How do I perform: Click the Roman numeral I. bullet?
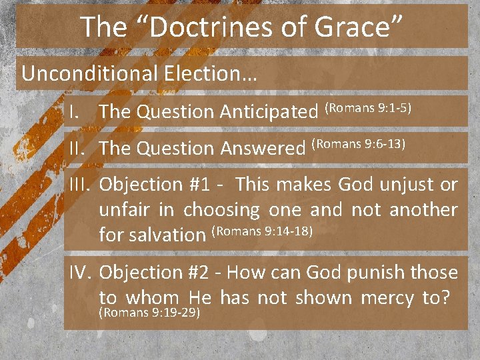point(75,113)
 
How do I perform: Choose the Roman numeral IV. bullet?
point(81,273)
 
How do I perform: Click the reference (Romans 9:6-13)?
point(359,143)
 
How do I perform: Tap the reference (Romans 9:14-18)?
point(261,231)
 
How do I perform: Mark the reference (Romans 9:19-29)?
point(149,311)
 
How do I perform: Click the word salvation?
point(166,235)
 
